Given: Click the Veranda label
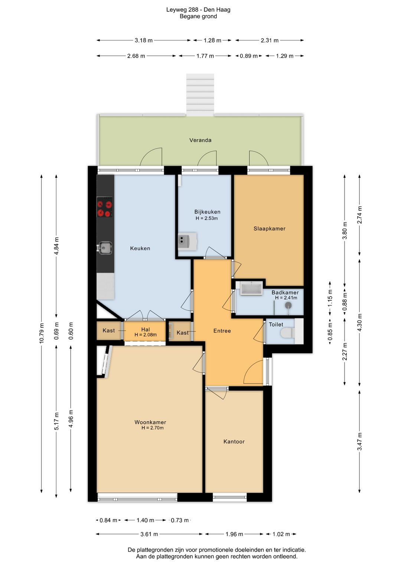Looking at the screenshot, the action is pyautogui.click(x=200, y=140).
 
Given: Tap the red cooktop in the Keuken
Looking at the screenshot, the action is pyautogui.click(x=105, y=207).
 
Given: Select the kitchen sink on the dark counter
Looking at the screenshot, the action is pyautogui.click(x=105, y=247).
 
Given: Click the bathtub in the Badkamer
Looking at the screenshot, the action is pyautogui.click(x=251, y=288).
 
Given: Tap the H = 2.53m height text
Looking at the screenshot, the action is pyautogui.click(x=206, y=218).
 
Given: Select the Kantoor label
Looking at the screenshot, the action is pyautogui.click(x=234, y=442).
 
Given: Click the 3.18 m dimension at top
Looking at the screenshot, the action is pyautogui.click(x=143, y=40).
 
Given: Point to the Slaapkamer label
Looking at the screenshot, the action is pyautogui.click(x=270, y=229).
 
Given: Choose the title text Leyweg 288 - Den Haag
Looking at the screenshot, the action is pyautogui.click(x=198, y=10).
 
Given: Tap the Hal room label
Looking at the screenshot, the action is pyautogui.click(x=146, y=330).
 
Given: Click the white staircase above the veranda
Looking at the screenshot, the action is pyautogui.click(x=200, y=95).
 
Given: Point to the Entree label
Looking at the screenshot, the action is pyautogui.click(x=222, y=331).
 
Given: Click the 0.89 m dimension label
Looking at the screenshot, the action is pyautogui.click(x=249, y=56).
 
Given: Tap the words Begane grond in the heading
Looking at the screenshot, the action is pyautogui.click(x=198, y=16).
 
